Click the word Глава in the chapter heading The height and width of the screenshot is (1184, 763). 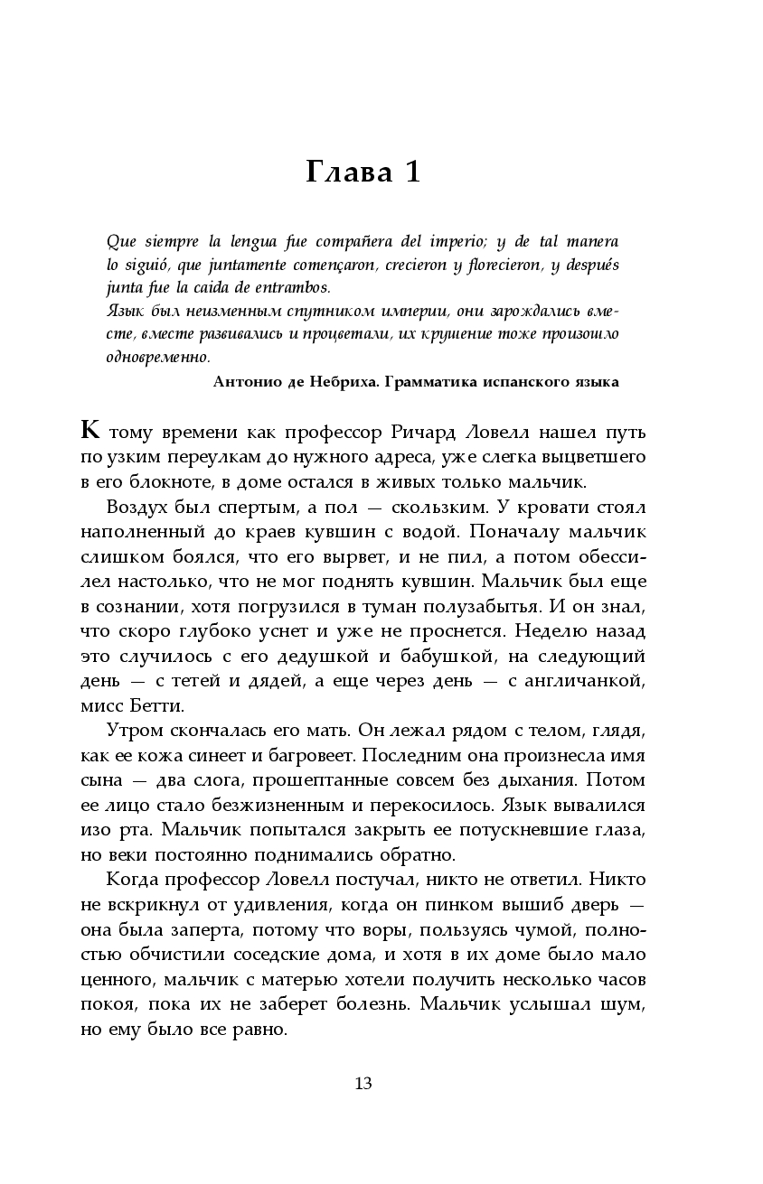(x=345, y=172)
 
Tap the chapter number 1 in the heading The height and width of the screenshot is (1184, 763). (x=411, y=172)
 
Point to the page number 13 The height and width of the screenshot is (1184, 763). (x=363, y=1084)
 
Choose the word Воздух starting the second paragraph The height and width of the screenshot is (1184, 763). (x=135, y=505)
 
